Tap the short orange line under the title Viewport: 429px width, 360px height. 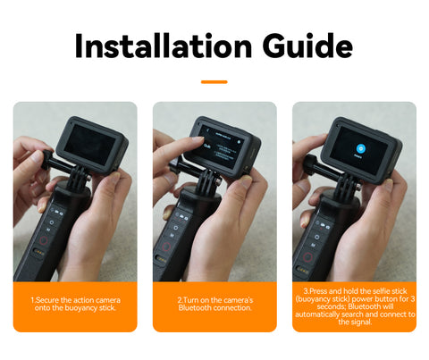point(214,81)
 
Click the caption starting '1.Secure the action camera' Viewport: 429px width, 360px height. point(75,304)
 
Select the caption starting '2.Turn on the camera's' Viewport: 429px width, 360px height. point(214,304)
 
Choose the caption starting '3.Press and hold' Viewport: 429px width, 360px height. point(354,306)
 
